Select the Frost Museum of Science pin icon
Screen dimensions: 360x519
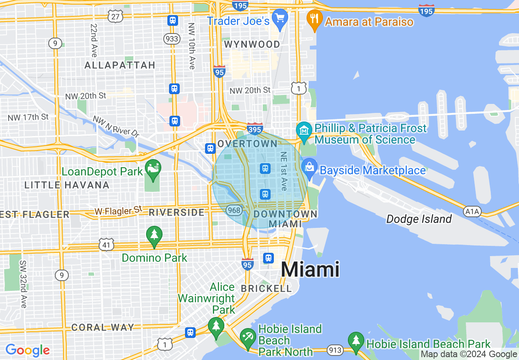point(304,130)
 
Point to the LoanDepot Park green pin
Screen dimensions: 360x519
point(153,169)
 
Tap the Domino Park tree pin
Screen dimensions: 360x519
point(154,235)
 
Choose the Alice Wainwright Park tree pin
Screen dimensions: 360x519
point(216,326)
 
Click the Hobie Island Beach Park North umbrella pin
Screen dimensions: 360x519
point(248,337)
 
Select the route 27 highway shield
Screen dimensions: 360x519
point(115,16)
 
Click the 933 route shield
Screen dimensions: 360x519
point(171,38)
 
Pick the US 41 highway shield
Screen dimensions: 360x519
point(106,245)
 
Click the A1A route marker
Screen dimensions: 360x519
point(472,211)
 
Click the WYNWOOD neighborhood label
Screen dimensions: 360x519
point(252,44)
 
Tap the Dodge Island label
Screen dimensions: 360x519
point(419,219)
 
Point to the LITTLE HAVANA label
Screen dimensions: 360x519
point(67,185)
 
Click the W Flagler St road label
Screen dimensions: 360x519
point(118,211)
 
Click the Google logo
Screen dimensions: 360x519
point(27,350)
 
